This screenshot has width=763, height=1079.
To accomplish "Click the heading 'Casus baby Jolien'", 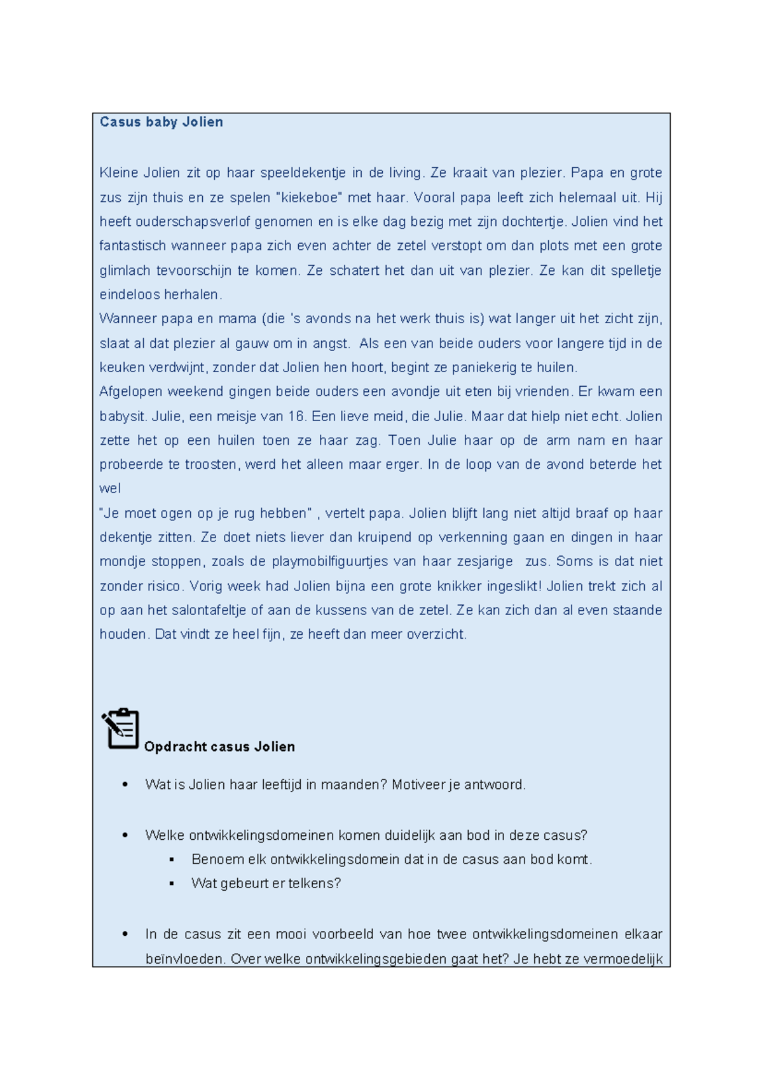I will click(161, 122).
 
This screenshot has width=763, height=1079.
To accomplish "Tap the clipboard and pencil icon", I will click(120, 728).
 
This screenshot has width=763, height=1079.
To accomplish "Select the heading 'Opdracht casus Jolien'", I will click(219, 747).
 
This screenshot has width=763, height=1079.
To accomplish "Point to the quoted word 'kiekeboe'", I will click(309, 198).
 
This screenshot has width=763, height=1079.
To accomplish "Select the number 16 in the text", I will click(296, 417).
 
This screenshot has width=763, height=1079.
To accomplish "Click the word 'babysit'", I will click(123, 417).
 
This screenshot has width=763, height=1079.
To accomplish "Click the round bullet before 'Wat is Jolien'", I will click(125, 785).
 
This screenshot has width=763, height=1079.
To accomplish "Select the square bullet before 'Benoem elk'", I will click(172, 860).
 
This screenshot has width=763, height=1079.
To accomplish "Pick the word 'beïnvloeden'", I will click(184, 959).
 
